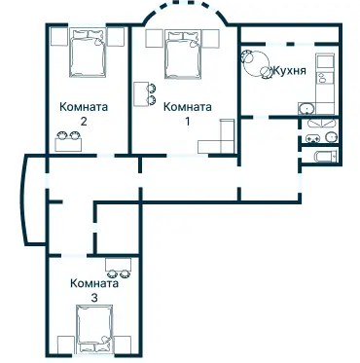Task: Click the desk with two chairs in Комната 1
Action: click(144, 94)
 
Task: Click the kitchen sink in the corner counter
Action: click(306, 109)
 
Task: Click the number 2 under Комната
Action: click(85, 123)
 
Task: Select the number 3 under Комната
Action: click(94, 297)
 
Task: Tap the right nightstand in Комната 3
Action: click(127, 342)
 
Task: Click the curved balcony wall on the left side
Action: click(22, 200)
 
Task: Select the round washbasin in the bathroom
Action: click(331, 138)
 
